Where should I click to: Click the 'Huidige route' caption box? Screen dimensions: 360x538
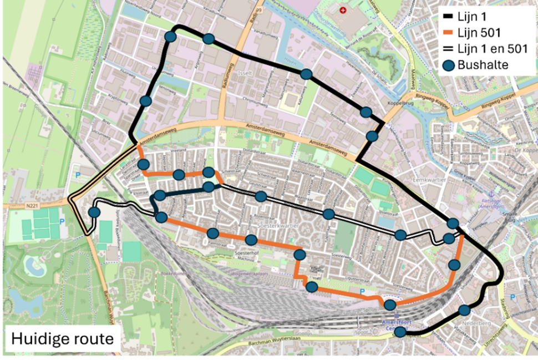(62, 338)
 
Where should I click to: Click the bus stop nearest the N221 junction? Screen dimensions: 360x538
(94, 212)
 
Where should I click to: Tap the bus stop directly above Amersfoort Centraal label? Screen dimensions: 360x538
(390, 305)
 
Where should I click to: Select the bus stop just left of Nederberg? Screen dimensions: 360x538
(465, 310)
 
